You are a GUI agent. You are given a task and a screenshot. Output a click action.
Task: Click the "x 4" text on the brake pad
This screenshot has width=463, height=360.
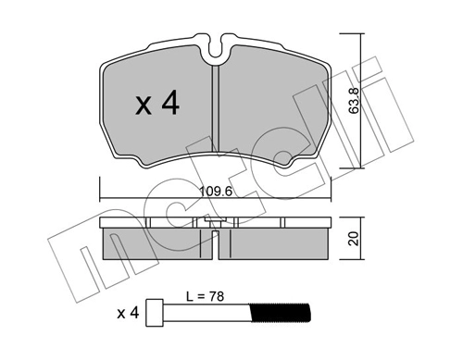(156, 105)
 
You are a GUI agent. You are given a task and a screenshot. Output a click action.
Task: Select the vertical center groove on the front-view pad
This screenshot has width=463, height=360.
(216, 111)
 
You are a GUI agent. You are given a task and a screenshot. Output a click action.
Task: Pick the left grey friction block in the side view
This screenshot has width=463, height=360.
(153, 242)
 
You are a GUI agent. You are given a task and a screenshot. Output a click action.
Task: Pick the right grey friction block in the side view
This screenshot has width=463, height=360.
(277, 242)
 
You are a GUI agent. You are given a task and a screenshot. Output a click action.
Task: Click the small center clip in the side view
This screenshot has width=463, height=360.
(215, 225)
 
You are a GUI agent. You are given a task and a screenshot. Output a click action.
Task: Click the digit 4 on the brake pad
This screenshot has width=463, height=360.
(171, 105)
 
